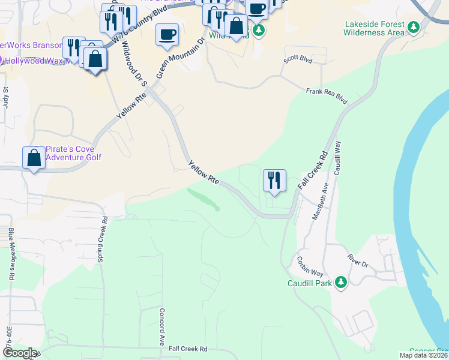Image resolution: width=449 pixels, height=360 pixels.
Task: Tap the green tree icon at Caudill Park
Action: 341,282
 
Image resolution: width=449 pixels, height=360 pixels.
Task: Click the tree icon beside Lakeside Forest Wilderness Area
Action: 413,27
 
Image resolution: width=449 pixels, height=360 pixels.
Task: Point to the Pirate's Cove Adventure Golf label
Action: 73,153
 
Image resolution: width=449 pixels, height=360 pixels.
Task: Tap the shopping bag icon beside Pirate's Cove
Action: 34,158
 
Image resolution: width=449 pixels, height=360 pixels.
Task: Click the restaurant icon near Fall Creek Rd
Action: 274,181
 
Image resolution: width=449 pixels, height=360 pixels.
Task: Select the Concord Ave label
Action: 161,326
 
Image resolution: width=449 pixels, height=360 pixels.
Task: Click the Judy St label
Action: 5,97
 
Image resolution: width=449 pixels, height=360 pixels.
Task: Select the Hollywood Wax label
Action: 33,61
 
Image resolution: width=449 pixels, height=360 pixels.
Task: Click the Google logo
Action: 20,353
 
